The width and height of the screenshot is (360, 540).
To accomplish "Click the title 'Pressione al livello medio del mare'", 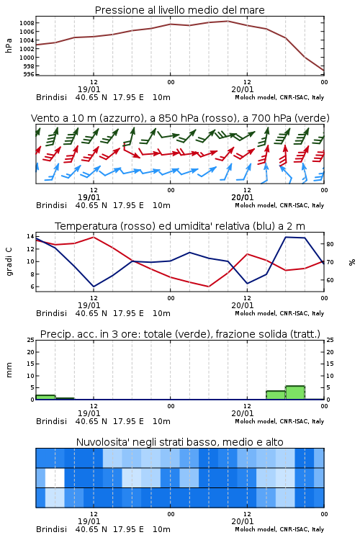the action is click(179, 10).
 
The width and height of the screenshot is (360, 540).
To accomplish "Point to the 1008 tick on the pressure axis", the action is click(27, 23).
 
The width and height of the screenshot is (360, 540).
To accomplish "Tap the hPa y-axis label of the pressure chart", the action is click(9, 45).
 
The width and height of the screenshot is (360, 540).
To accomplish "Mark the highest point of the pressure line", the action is click(228, 21).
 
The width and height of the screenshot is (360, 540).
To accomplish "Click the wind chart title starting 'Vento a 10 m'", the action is click(180, 118).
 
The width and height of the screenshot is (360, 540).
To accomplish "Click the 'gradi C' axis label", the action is click(9, 262).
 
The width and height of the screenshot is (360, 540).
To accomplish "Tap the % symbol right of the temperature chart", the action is click(352, 262).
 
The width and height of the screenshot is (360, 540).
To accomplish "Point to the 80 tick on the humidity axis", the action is click(330, 244).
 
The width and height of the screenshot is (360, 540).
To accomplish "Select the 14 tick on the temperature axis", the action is click(30, 236).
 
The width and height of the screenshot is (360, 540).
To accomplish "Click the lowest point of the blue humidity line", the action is click(94, 287).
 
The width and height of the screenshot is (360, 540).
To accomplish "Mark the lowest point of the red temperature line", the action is click(208, 287).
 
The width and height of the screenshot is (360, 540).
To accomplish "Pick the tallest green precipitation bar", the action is click(295, 392).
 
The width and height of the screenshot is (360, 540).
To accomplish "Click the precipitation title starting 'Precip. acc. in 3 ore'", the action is click(180, 334).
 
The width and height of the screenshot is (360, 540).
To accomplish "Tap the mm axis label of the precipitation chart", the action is click(9, 370).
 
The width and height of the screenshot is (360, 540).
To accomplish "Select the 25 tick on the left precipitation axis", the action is click(30, 340).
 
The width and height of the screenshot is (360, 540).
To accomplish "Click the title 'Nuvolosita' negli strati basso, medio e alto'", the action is click(179, 442).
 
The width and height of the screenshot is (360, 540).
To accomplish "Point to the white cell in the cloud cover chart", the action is click(55, 477).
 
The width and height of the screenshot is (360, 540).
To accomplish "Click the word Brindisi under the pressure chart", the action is click(51, 97).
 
